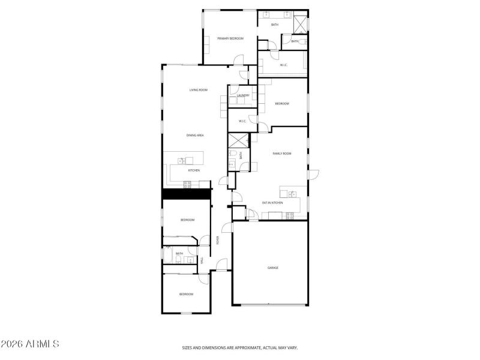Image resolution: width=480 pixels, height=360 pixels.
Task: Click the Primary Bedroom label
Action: point(230,38)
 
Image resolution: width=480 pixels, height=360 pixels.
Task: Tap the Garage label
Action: point(272,268)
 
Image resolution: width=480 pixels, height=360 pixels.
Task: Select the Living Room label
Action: point(199,90)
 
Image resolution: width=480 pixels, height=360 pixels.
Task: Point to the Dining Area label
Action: point(195,136)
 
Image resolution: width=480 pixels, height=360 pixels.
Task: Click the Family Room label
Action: point(282,154)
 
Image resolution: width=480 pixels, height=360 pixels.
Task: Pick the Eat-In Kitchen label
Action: point(272,203)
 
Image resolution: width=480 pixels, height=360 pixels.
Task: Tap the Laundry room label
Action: point(243,95)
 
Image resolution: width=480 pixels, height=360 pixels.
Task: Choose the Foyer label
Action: point(218,241)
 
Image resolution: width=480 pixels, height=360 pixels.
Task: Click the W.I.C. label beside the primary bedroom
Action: point(284,65)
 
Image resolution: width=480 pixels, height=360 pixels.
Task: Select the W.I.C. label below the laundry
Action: point(242,121)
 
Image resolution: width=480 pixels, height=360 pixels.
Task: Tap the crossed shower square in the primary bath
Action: point(300,23)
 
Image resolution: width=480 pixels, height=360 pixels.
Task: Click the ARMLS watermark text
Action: point(30,344)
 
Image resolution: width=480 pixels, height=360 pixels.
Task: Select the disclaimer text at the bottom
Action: point(240,347)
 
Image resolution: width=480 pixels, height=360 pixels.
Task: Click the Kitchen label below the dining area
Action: point(194,170)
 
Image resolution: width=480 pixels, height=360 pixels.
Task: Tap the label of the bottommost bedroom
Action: point(186,294)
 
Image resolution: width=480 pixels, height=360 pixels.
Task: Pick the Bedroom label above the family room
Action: point(282,104)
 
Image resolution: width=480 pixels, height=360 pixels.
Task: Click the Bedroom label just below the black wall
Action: point(188,220)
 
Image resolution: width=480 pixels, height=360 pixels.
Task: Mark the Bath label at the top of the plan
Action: point(275,25)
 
